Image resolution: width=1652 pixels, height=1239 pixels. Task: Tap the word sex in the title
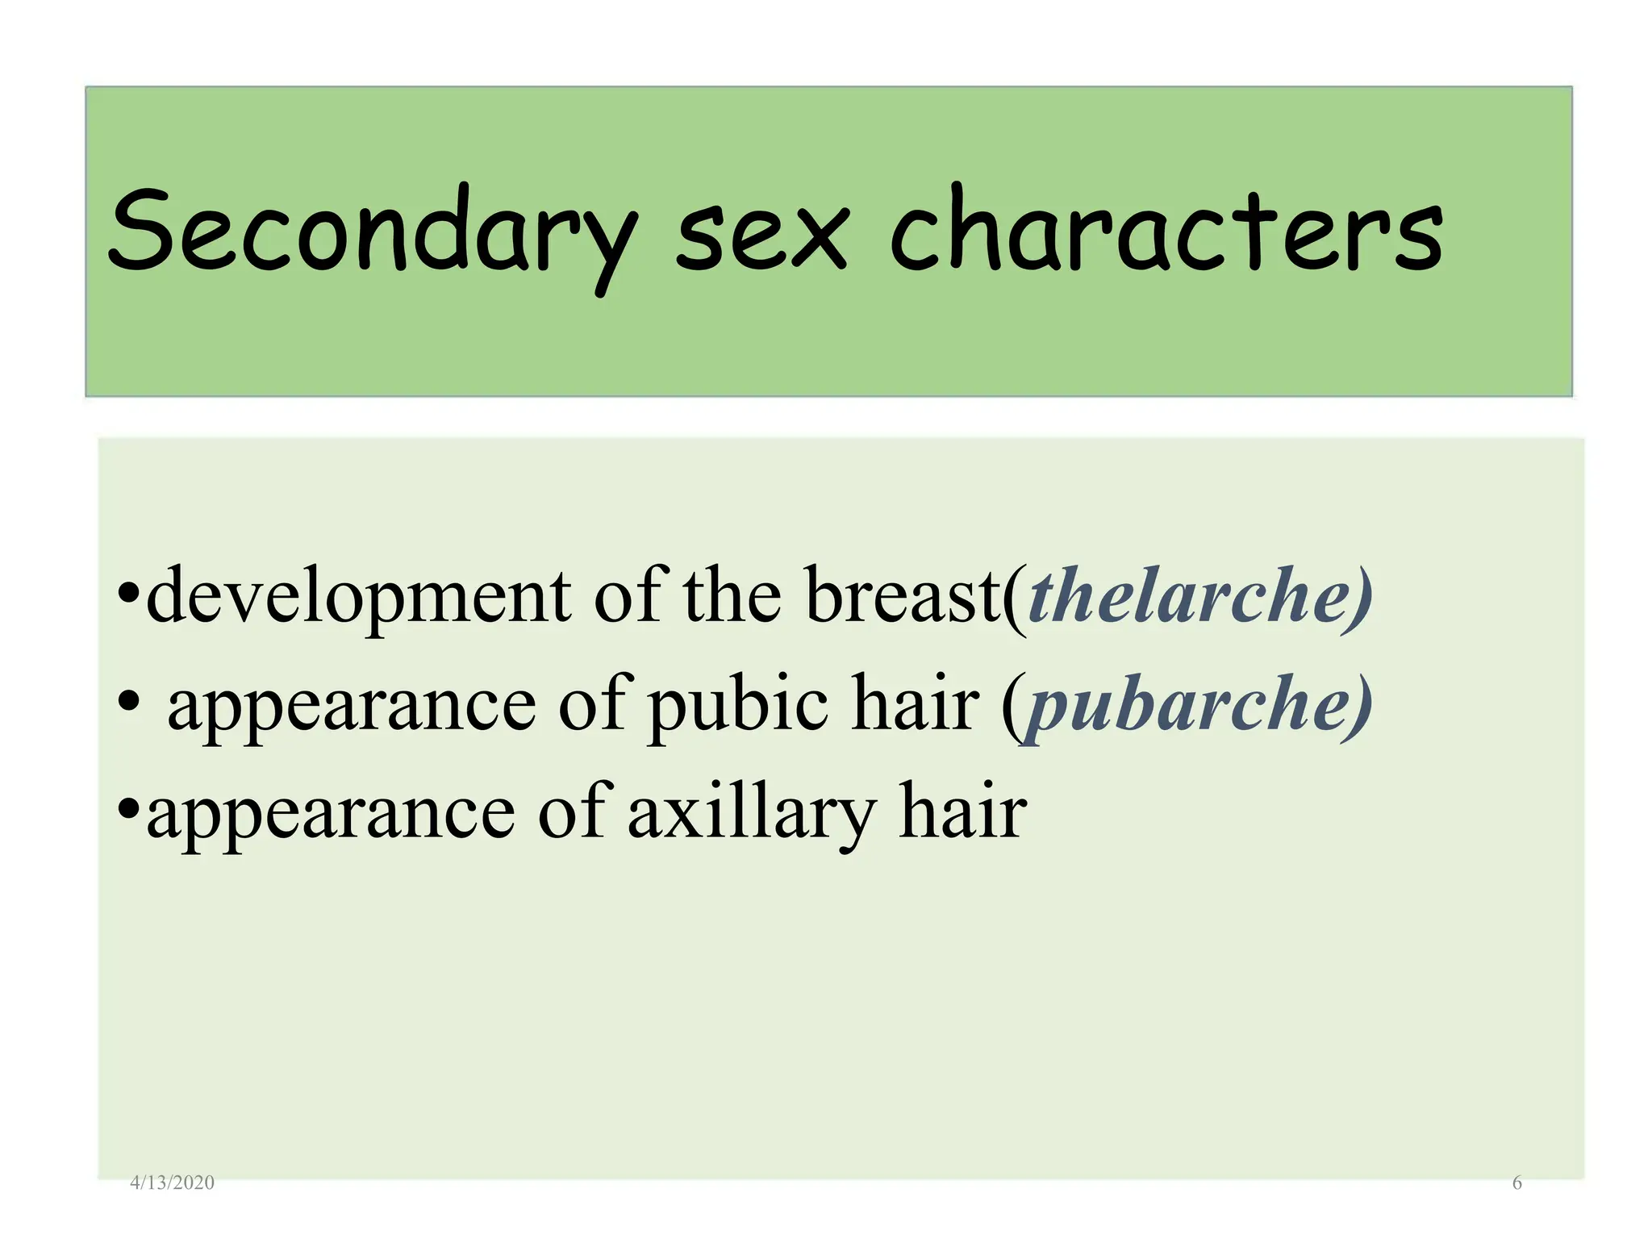pos(761,234)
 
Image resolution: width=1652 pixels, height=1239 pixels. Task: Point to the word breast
pos(903,597)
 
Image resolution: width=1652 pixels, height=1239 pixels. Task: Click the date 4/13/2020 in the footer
pos(172,1183)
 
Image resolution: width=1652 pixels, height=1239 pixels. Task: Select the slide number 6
pos(1516,1183)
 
